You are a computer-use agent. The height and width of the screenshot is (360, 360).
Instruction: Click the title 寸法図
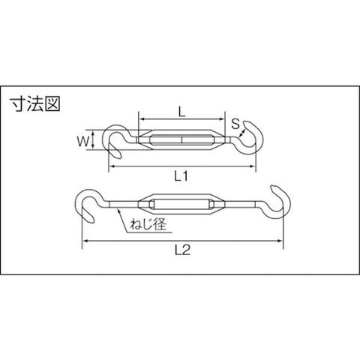coord(35,104)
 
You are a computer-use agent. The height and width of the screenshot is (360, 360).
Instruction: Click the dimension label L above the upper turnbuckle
coord(182,112)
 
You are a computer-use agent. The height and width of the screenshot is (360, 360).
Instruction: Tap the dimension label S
coord(235,124)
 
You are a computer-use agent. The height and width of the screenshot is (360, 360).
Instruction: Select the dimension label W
coord(83,142)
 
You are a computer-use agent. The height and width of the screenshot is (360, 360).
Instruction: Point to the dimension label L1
coord(181,176)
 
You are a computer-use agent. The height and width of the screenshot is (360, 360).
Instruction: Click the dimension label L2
coord(182,250)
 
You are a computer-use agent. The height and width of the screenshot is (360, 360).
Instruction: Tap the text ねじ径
coord(148,224)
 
